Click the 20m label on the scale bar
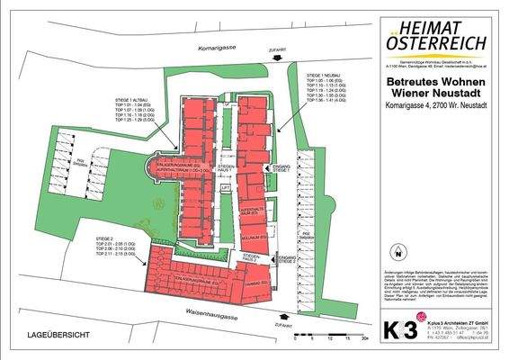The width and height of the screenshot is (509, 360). tap(363, 344)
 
